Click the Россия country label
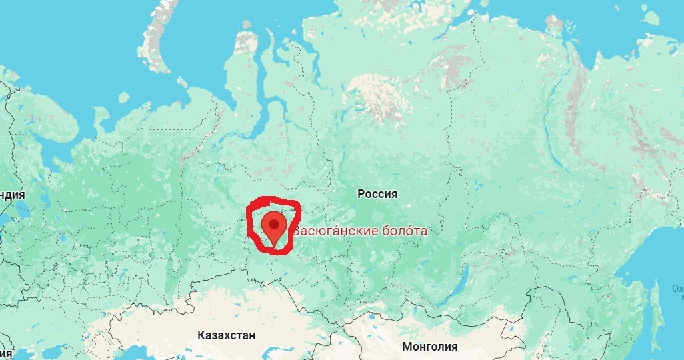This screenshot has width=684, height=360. click(377, 194)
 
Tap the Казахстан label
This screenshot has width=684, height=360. click(226, 335)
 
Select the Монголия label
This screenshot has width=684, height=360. click(429, 347)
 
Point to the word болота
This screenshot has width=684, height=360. click(405, 231)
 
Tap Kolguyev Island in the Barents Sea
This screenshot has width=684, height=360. click(123, 97)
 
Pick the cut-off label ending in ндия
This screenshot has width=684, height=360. click(13, 195)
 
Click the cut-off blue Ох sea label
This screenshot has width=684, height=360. click(677, 289)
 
